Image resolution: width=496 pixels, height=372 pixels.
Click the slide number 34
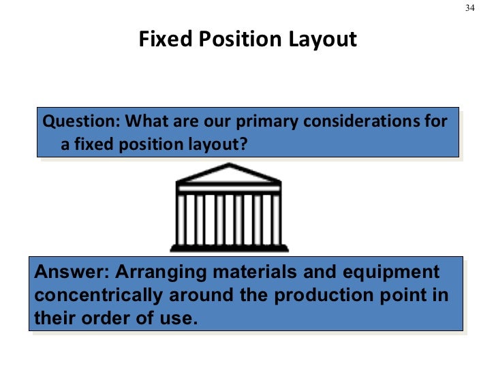point(469,8)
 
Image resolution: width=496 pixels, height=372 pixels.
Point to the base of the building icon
point(228,247)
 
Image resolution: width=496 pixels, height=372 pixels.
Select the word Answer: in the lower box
point(70,273)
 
